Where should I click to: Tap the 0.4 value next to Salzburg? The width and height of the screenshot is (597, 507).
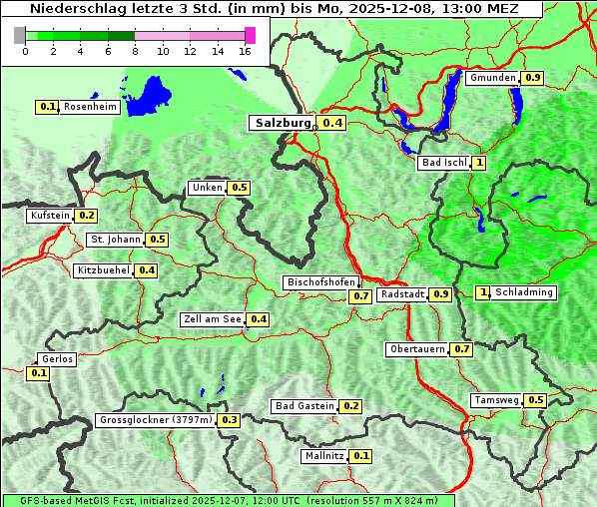332,123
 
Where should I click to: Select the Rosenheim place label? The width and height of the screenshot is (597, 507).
91,107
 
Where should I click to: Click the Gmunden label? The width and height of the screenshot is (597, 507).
492,78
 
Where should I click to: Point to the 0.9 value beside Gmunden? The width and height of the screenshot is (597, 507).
533,78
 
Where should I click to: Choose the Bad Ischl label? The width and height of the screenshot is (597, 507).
444,163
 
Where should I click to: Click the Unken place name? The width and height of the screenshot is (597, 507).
207,188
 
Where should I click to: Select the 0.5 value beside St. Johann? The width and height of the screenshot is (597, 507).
157,240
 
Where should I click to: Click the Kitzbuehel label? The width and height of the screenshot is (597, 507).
103,270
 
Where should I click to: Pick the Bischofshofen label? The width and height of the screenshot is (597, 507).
320,283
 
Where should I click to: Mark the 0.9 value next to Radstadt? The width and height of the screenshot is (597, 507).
440,294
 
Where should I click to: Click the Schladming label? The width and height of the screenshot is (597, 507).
524,292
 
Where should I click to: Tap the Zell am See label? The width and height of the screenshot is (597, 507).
213,319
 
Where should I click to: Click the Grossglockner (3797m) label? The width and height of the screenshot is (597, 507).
156,420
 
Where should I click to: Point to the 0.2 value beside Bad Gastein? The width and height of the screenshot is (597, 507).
350,406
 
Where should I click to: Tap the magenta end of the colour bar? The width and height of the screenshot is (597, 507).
250,35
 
